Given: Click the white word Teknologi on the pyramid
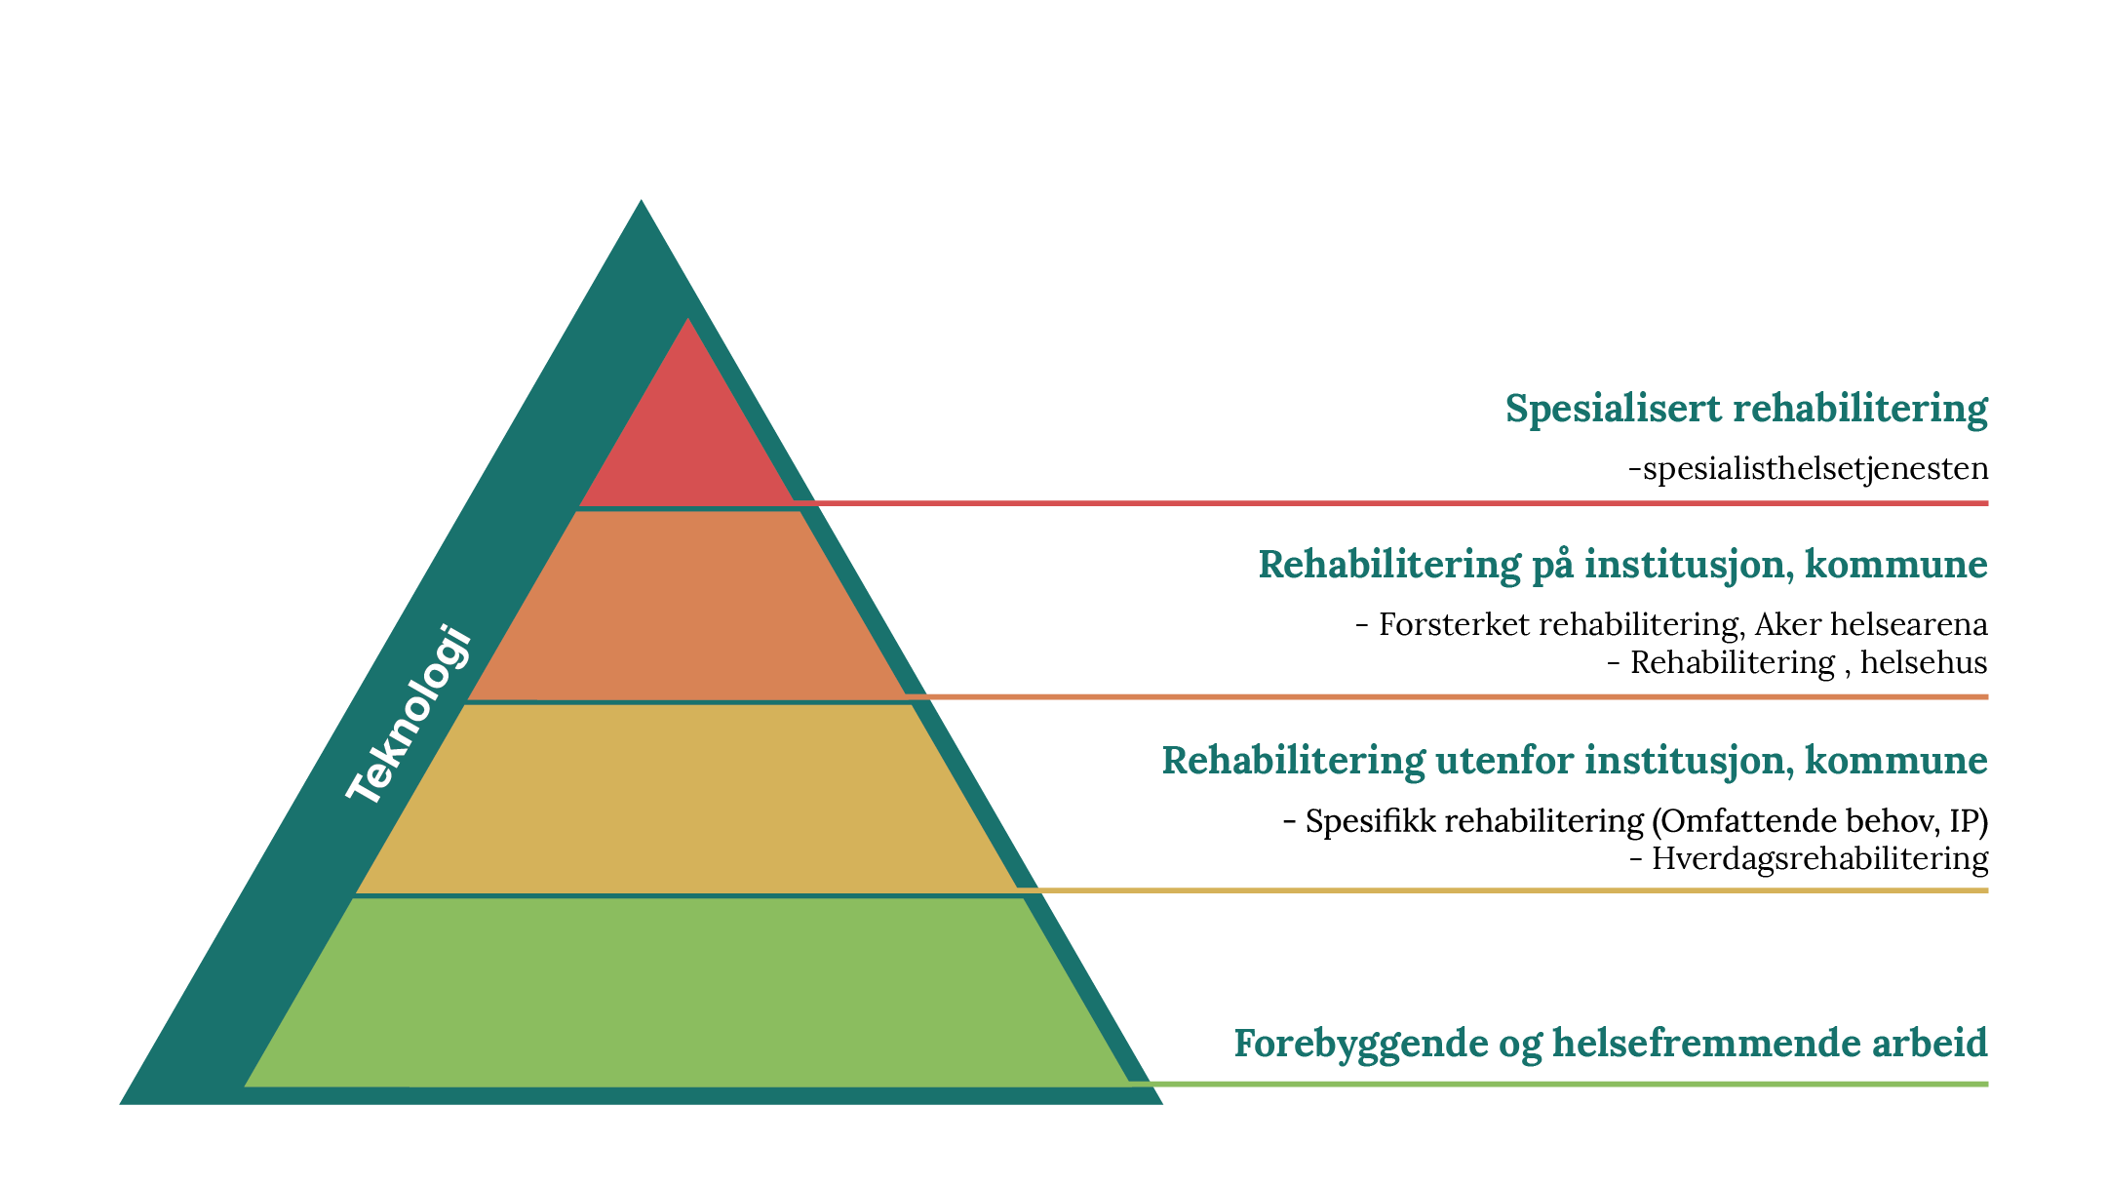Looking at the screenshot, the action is point(410,715).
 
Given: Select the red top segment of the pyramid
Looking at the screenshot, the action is point(687,439).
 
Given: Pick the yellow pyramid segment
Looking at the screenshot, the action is point(687,799).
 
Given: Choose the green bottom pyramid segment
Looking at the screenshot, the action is point(687,992).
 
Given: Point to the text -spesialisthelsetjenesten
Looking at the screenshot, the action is point(1809,469).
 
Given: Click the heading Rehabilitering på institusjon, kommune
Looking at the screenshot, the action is point(1623,566).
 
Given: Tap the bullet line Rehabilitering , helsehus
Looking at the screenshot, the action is point(1797,663).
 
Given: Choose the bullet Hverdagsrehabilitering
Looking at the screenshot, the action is point(1809,859).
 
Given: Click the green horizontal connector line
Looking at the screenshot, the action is point(1558,1084).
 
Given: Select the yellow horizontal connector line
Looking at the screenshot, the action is point(1503,890).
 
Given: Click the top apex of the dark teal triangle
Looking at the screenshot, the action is point(641,200).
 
